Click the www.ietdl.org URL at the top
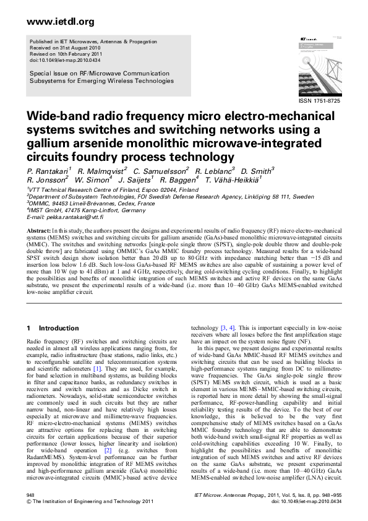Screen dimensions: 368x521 click(53, 22)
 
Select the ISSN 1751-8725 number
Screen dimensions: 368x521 click(319, 100)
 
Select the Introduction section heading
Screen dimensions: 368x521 click(59, 328)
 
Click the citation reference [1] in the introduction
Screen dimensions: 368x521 click(96, 369)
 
